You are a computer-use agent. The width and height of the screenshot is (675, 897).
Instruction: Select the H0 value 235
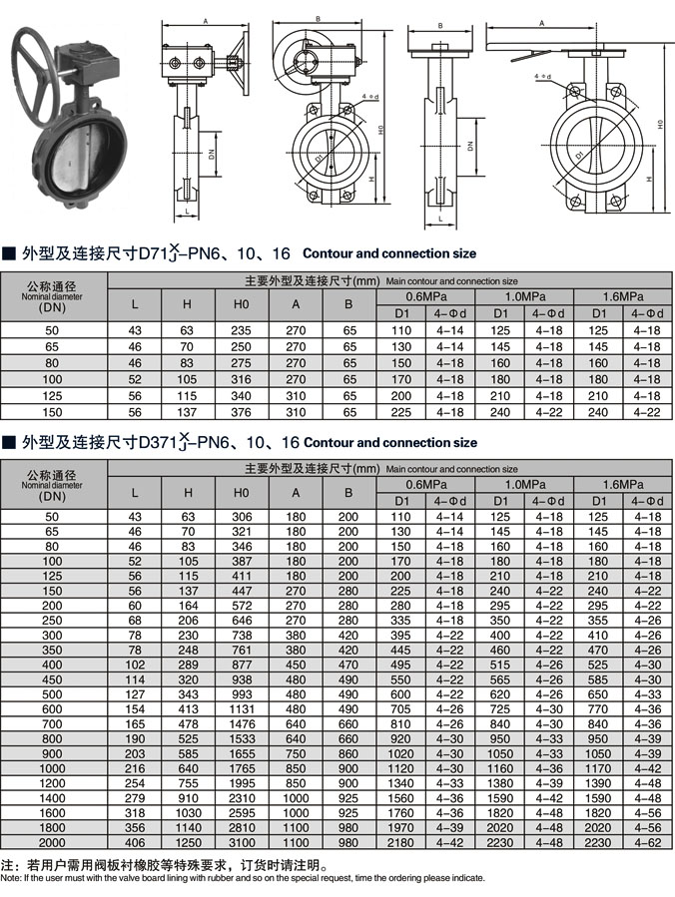(x=242, y=330)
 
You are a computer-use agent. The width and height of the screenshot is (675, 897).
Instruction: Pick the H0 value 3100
(x=242, y=844)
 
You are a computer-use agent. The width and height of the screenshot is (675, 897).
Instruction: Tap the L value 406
(x=136, y=844)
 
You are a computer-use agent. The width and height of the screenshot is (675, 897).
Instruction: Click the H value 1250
(x=188, y=844)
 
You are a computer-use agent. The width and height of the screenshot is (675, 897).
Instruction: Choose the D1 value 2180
(x=400, y=844)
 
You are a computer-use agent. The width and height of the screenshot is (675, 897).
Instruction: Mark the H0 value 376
(x=242, y=411)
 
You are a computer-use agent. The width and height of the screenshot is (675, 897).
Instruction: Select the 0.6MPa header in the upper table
(x=425, y=298)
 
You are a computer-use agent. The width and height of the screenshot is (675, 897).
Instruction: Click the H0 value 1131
(x=242, y=709)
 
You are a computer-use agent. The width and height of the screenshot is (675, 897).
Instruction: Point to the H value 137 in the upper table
(x=188, y=411)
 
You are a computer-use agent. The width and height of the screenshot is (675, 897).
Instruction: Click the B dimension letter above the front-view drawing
(x=317, y=19)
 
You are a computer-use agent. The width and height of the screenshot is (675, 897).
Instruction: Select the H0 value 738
(x=242, y=635)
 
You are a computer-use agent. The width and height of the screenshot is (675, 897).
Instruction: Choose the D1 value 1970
(x=400, y=829)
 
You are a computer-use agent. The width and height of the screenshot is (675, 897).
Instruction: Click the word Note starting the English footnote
(x=9, y=878)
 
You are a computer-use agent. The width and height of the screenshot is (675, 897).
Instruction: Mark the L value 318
(x=136, y=814)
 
